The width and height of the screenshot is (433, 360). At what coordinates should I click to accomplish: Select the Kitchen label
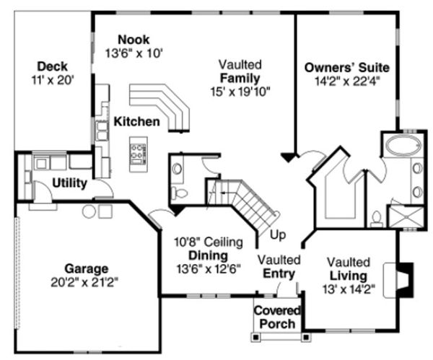(x=136, y=121)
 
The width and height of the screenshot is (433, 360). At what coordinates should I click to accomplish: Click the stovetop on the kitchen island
(x=136, y=152)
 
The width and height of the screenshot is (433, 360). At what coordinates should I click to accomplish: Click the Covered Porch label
(x=276, y=317)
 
